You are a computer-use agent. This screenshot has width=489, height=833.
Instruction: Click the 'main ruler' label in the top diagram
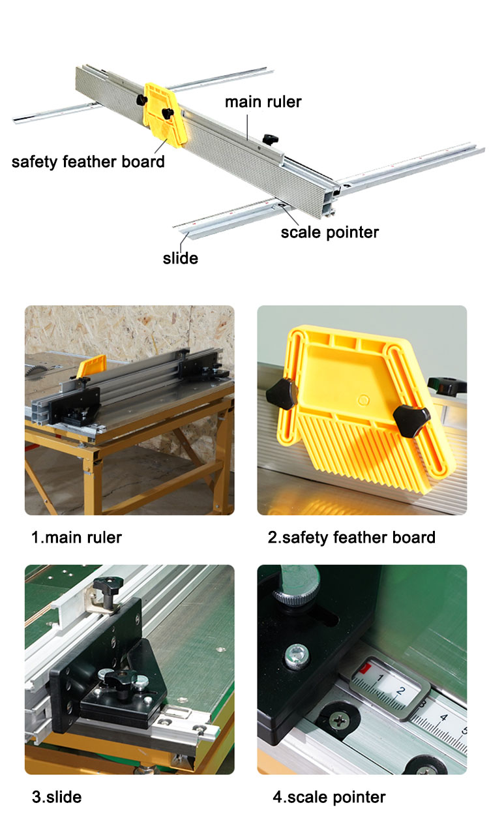(x=263, y=102)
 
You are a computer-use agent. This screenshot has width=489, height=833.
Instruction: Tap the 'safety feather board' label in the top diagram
(x=88, y=162)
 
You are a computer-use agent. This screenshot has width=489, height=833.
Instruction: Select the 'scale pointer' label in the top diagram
(x=330, y=232)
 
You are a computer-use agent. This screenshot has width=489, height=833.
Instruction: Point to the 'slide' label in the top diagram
(x=180, y=258)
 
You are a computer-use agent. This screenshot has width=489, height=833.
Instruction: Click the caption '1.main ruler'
(x=76, y=538)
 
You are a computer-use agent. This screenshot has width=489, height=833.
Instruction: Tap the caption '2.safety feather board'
(x=351, y=538)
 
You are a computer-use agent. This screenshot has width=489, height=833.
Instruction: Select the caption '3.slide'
(x=57, y=797)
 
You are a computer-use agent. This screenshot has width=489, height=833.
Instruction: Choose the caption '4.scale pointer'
(x=329, y=797)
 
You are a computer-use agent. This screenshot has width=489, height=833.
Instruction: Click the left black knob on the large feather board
(x=282, y=394)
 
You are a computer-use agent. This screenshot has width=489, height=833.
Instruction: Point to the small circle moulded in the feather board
(x=363, y=400)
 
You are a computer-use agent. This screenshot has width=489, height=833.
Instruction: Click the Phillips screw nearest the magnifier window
(x=339, y=721)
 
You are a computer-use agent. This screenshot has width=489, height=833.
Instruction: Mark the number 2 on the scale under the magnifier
(x=400, y=691)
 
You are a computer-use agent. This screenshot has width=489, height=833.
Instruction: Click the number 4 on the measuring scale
(x=443, y=717)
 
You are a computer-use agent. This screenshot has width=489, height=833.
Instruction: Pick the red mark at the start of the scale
(x=365, y=669)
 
